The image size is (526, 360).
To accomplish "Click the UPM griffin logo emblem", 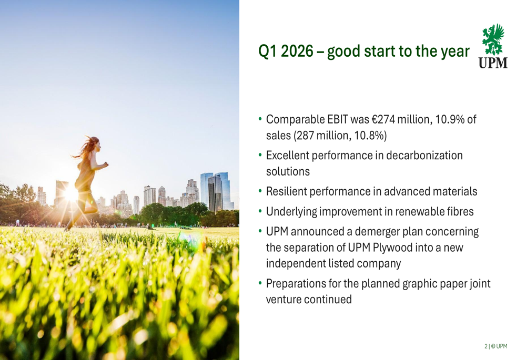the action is tap(493, 39).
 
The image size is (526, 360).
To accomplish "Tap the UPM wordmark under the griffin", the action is tap(493, 63).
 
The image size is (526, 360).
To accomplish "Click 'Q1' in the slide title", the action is tap(268, 52).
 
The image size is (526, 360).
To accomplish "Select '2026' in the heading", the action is tap(297, 52).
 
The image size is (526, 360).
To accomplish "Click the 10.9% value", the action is tap(450, 119).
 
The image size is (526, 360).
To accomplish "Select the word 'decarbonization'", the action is tap(424, 155).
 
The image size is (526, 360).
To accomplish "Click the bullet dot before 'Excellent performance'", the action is tap(260, 155).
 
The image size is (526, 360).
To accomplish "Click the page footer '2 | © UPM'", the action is tap(496, 346).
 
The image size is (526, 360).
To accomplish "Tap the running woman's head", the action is tap(94, 143).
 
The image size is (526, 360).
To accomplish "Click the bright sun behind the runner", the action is tap(71, 194).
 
